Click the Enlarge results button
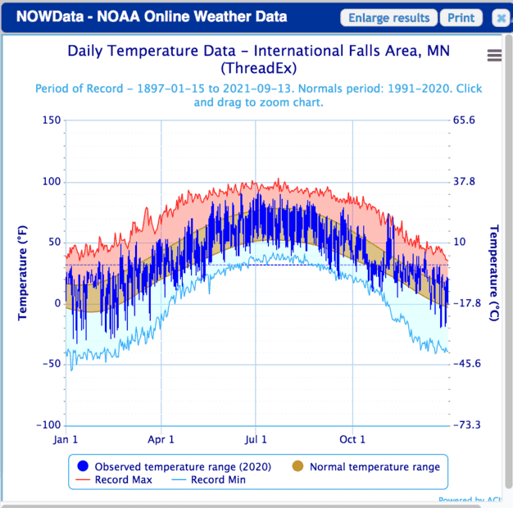click(388, 18)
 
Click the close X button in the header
click(502, 18)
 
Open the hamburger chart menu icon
click(494, 55)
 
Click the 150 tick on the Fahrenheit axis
click(51, 120)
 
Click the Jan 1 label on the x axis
click(66, 440)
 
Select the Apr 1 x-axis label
click(161, 440)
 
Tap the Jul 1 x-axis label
click(256, 440)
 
